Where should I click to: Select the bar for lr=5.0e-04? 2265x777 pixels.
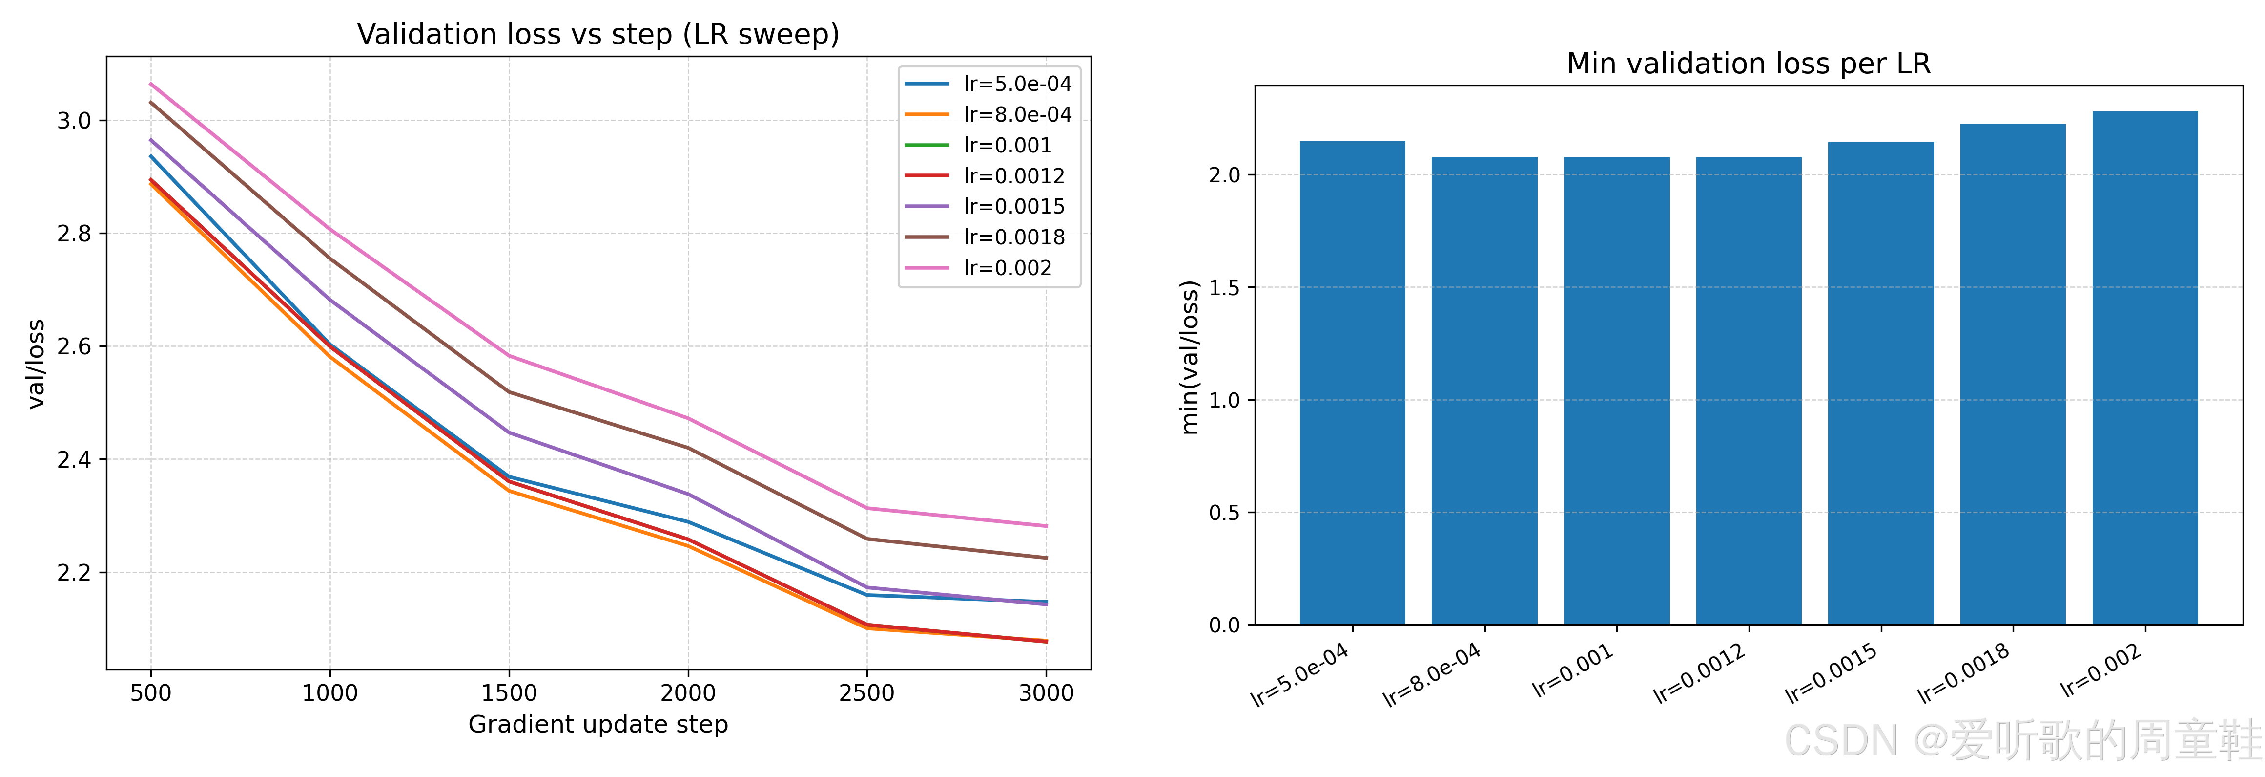(x=1352, y=383)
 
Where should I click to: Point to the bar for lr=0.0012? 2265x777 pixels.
(x=1748, y=391)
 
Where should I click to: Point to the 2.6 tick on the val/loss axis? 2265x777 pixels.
(x=75, y=346)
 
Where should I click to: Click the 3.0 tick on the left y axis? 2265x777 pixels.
(x=75, y=121)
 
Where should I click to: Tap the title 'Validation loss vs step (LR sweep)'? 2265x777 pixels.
(x=598, y=34)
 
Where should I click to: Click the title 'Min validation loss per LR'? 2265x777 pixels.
(x=1748, y=64)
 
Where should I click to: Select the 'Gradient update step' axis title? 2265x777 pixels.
(x=598, y=724)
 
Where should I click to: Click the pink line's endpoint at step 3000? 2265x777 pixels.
(x=1046, y=526)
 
